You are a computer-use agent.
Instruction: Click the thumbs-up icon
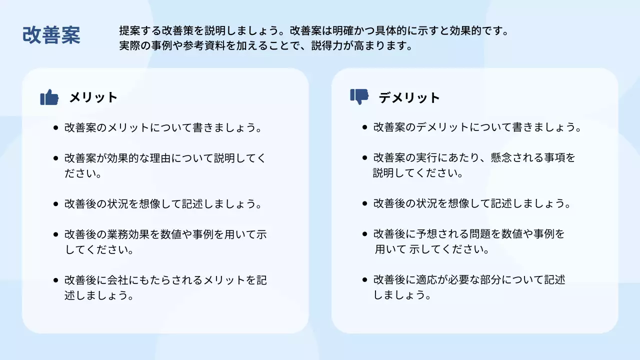point(49,97)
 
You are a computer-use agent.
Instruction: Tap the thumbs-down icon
point(359,96)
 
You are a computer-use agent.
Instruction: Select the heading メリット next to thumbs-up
point(93,97)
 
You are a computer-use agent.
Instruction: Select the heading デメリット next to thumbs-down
point(409,97)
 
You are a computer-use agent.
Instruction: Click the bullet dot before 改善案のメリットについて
point(55,127)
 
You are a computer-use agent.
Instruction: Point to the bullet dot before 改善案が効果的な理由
point(55,158)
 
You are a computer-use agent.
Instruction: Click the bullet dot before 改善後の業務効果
point(55,234)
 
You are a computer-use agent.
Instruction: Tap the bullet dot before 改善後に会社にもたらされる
point(55,280)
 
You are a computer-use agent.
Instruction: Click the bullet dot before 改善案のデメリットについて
point(365,127)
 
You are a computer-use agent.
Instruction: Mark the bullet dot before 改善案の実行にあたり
point(365,158)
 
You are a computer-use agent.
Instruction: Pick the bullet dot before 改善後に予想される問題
point(365,234)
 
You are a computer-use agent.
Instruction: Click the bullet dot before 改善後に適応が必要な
point(365,280)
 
